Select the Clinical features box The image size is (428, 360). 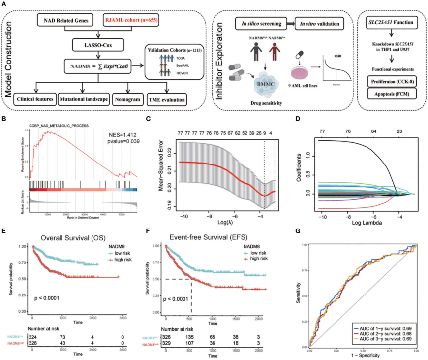[x=34, y=100]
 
